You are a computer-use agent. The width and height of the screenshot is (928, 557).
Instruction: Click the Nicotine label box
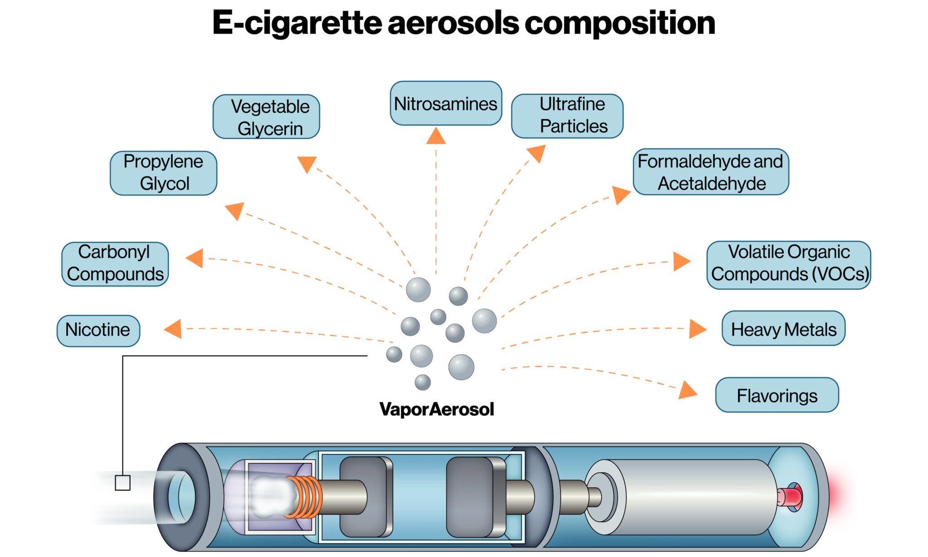tap(98, 330)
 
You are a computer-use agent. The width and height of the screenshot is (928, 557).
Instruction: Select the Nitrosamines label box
tap(445, 104)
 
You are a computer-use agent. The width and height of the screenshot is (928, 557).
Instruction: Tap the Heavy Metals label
tap(783, 329)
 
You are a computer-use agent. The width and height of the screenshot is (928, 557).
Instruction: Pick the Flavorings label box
tap(777, 395)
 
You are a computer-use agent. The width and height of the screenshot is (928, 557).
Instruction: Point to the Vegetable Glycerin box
tap(266, 117)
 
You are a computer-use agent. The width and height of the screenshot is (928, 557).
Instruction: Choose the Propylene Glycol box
tap(164, 173)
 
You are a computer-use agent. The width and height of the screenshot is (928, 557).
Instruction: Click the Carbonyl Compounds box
tap(115, 264)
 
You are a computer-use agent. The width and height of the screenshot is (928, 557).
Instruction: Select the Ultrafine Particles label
tap(567, 116)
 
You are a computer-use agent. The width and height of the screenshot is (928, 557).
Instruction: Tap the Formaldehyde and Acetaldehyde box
tap(710, 172)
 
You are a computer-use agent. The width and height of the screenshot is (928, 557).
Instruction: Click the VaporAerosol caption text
tap(436, 409)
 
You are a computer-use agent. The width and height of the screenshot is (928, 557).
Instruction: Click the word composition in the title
tap(619, 24)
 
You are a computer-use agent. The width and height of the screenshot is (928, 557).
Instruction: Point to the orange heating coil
tap(304, 497)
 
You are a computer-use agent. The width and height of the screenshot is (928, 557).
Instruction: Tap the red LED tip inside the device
tap(791, 497)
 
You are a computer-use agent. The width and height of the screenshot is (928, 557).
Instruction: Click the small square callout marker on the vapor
tap(123, 483)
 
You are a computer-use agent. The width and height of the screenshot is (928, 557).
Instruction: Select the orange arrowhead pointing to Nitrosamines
tap(436, 136)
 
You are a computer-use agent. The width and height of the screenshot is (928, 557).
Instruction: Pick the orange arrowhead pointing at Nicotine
tap(174, 329)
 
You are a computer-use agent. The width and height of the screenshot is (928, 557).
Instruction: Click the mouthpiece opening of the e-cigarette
tap(181, 497)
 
